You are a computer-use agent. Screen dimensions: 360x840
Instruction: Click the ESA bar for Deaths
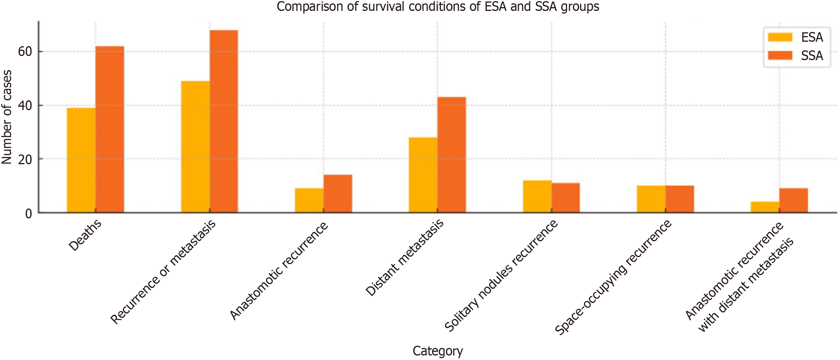pos(81,160)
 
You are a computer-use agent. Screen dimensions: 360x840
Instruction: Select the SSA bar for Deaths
pos(110,130)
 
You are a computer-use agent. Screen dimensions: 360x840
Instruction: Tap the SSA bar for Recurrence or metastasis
pos(224,121)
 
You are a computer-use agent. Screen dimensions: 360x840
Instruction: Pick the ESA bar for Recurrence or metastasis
pos(195,147)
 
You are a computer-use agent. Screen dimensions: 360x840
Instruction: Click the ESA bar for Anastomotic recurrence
pos(309,200)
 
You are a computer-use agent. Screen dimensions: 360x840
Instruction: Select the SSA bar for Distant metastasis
pos(452,155)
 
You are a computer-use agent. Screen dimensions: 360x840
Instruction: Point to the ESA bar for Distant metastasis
pos(423,175)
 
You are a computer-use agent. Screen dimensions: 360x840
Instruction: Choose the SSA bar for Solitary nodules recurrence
pos(566,198)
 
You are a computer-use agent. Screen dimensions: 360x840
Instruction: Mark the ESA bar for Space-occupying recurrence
pos(651,199)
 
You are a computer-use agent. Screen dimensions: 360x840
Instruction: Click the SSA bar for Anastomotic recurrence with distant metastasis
pos(793,200)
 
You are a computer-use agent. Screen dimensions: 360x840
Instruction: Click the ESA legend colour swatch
pos(780,37)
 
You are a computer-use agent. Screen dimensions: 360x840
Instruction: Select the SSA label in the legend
pos(812,56)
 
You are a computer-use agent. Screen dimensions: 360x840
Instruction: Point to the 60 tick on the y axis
pos(25,51)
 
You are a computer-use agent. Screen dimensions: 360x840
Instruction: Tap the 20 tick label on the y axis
pos(25,159)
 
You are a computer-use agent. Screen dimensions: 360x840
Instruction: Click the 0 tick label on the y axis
pos(29,213)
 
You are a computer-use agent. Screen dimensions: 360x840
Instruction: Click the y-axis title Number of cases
pos(7,117)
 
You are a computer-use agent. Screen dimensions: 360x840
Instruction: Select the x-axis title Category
pos(438,351)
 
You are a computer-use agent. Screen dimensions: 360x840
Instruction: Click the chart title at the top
pos(438,6)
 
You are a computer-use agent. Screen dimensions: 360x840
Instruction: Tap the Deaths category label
pos(85,235)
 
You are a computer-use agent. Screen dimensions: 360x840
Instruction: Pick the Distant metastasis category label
pos(405,258)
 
